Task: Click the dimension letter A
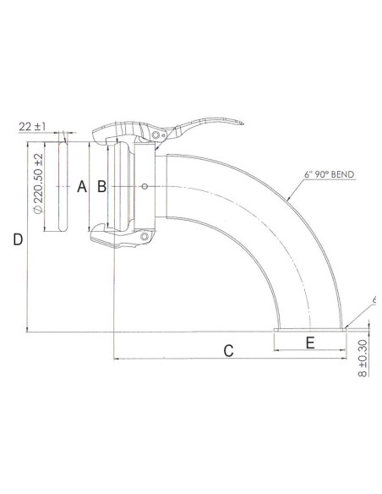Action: point(82,186)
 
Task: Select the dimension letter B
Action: point(101,186)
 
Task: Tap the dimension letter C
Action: point(227,350)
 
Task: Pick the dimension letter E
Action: point(309,342)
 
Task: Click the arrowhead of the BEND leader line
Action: point(288,196)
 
